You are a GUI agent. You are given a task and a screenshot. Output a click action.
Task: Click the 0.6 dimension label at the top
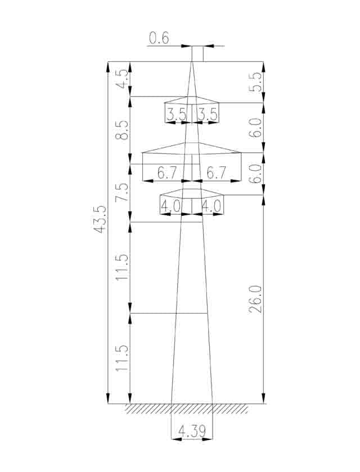pos(159,39)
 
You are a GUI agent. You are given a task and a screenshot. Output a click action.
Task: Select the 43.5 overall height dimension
pos(100,220)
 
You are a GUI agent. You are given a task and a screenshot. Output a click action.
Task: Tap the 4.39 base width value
pos(192,432)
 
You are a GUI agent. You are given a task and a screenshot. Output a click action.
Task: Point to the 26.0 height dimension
pos(255,300)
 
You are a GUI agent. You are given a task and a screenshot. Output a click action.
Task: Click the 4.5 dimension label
pos(122,79)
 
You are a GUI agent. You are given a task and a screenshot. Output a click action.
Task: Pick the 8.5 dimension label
pos(122,130)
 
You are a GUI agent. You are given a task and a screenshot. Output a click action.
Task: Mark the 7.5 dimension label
pos(122,192)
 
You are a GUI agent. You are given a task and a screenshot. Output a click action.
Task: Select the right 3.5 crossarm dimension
pos(207,115)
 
